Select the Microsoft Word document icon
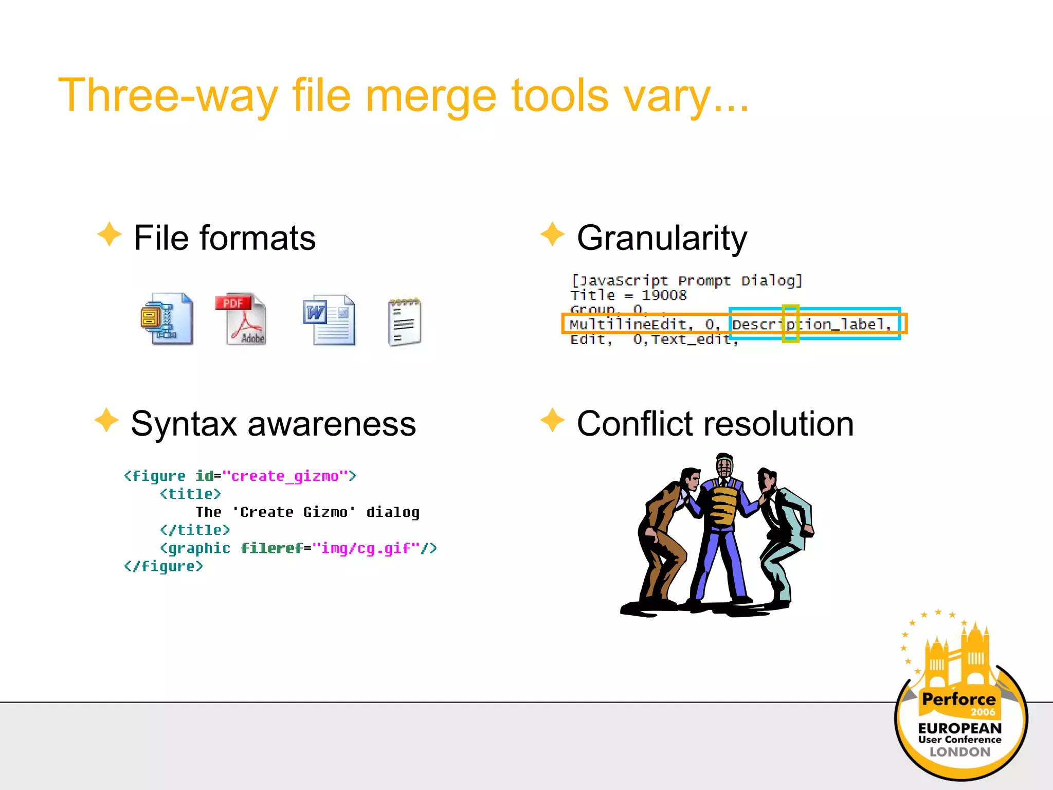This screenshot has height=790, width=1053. click(329, 320)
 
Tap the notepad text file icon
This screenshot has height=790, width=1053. click(405, 322)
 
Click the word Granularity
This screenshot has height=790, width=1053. click(662, 239)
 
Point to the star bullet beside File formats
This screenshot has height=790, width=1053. click(110, 235)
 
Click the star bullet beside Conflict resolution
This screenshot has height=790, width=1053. click(553, 420)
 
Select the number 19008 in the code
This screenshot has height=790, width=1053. click(664, 295)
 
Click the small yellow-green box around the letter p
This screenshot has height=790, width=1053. click(790, 324)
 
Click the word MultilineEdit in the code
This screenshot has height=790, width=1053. click(628, 325)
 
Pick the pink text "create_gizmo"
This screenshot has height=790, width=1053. click(285, 476)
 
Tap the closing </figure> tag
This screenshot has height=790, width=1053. click(164, 567)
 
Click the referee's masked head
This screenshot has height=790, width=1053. click(724, 467)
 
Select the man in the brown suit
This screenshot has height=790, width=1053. click(663, 535)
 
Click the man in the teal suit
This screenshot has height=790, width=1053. click(784, 535)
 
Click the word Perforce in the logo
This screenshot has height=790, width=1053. click(958, 699)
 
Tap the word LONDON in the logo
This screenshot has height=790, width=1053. click(959, 752)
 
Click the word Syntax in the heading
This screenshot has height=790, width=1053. click(184, 424)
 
